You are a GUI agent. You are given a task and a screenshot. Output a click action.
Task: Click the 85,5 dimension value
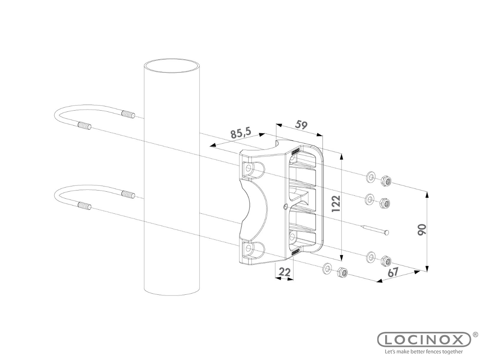pyautogui.click(x=241, y=133)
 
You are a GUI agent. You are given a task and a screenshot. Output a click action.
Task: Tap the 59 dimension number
pyautogui.click(x=301, y=125)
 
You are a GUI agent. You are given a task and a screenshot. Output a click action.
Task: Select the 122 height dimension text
pyautogui.click(x=336, y=203)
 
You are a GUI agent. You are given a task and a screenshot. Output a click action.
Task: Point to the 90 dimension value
pyautogui.click(x=422, y=229)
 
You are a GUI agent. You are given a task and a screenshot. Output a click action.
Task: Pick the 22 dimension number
pyautogui.click(x=285, y=272)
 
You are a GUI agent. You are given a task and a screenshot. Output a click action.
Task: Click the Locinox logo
pyautogui.click(x=424, y=346)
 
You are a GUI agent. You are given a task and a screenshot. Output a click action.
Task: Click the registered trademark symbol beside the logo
pyautogui.click(x=475, y=340)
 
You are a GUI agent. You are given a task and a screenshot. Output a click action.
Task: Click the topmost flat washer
pyautogui.click(x=370, y=177)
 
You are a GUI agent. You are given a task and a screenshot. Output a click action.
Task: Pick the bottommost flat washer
pyautogui.click(x=327, y=268)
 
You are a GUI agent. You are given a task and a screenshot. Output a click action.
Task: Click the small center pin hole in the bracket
pyautogui.click(x=285, y=207)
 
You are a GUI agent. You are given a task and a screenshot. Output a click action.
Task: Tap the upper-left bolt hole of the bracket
pyautogui.click(x=248, y=168)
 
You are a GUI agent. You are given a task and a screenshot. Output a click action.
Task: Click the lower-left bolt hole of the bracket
pyautogui.click(x=248, y=248)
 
